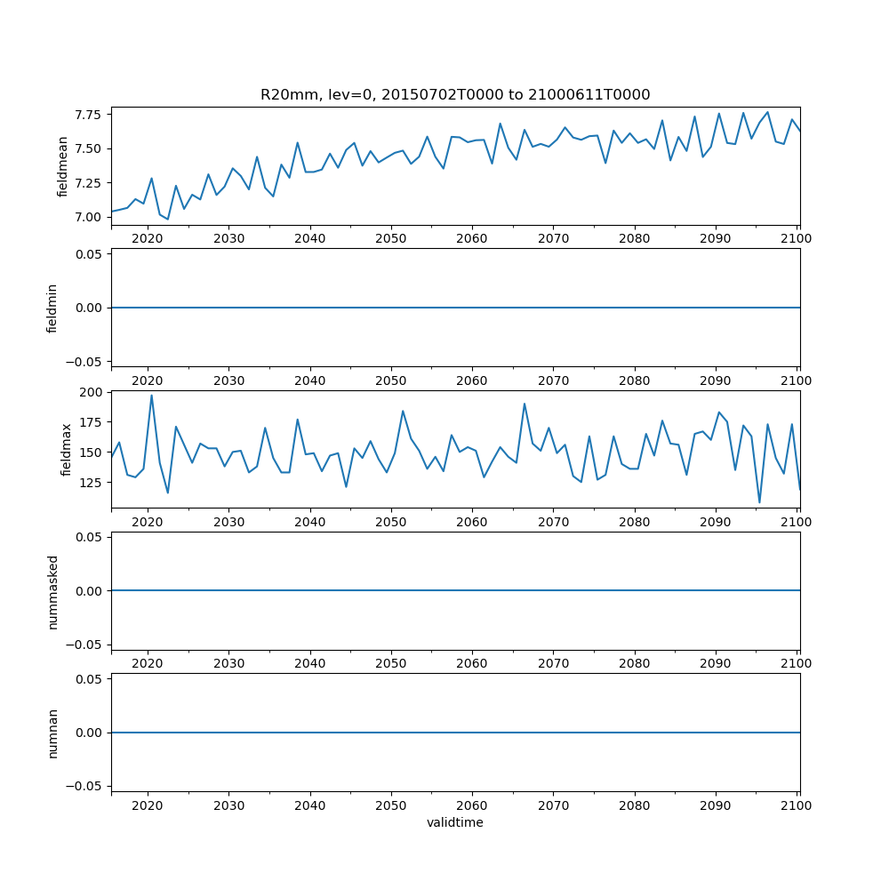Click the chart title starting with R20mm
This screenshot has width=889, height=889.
tap(455, 94)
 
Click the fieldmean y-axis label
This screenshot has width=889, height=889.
tap(62, 167)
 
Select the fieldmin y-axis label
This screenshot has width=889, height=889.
tap(52, 308)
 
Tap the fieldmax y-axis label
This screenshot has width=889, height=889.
tap(65, 450)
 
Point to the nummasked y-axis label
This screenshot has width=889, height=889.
tap(52, 590)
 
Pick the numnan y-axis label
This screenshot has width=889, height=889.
tap(52, 733)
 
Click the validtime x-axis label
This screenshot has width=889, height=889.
tap(455, 823)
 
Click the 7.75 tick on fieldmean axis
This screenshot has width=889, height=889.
tap(87, 115)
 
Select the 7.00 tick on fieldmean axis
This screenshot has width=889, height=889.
tap(87, 217)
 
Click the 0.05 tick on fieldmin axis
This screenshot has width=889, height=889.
tap(87, 254)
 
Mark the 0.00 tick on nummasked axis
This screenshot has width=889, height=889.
tap(87, 590)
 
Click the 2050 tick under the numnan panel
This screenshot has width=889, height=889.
tap(391, 805)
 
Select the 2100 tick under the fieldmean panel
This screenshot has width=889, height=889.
tap(797, 239)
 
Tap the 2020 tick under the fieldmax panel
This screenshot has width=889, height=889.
tap(147, 522)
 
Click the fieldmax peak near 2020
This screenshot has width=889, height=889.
tap(151, 396)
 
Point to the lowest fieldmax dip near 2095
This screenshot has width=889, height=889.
tap(759, 502)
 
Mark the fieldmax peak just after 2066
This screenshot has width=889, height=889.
tap(525, 404)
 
